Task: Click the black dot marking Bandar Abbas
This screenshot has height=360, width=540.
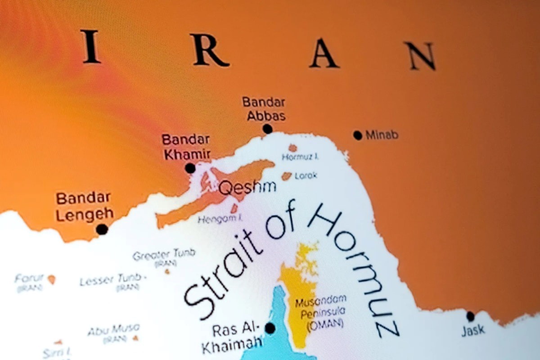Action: [x=268, y=129]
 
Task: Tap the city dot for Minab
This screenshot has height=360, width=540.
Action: [x=358, y=135]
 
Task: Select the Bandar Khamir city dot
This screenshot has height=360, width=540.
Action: [x=190, y=168]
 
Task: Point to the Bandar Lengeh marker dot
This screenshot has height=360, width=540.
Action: [x=102, y=229]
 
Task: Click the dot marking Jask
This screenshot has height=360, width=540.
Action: [x=470, y=316]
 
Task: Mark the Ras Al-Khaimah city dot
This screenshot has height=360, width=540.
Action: [x=270, y=328]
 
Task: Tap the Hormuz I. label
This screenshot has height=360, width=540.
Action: [x=300, y=157]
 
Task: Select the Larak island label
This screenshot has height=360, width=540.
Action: [x=306, y=175]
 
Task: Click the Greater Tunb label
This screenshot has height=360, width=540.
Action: [x=164, y=255]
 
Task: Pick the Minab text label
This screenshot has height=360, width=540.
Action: [x=382, y=135]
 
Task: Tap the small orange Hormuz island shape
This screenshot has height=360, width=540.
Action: [x=293, y=148]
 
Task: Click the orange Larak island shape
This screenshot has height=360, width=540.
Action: [x=287, y=176]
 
